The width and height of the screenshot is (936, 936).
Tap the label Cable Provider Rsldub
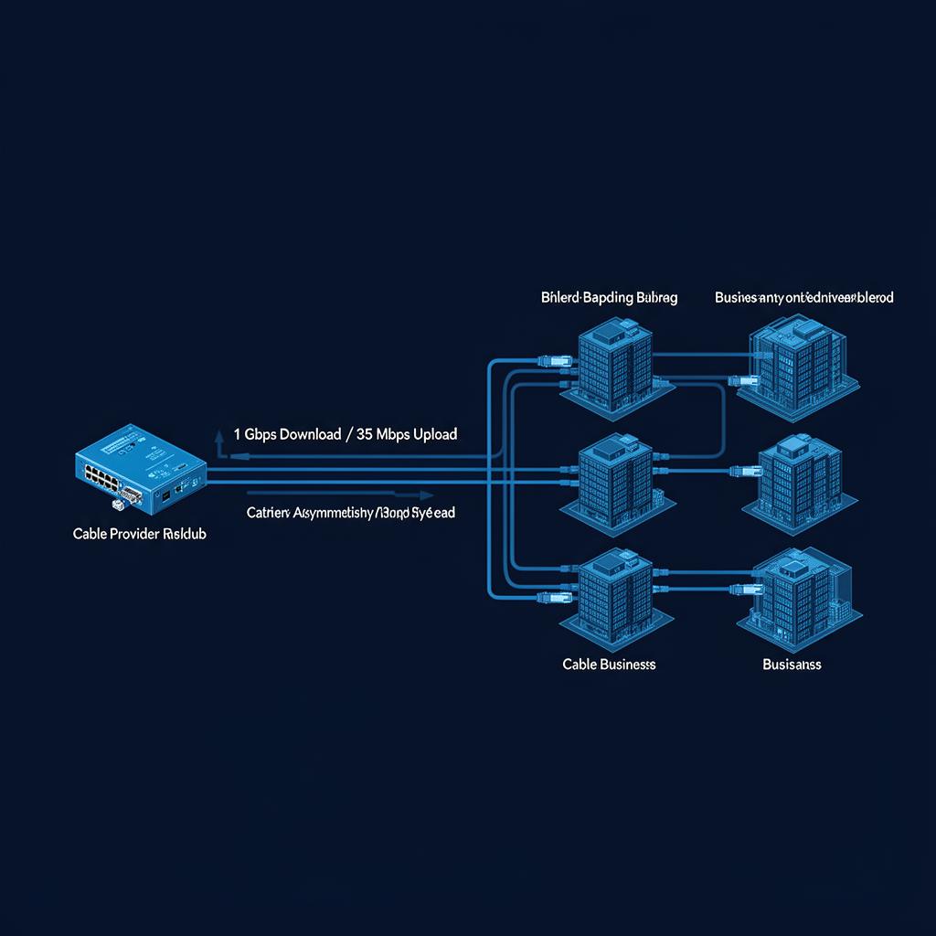(x=139, y=533)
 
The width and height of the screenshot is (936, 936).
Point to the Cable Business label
(x=609, y=665)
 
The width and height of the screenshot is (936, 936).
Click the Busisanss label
(x=792, y=665)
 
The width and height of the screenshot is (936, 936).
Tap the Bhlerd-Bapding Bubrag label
(x=609, y=298)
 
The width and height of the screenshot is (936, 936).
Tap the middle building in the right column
(x=800, y=479)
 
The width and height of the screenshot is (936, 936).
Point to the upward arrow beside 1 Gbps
(x=219, y=441)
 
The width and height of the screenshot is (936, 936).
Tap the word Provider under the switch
(x=133, y=533)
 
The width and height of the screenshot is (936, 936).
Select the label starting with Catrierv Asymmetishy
(x=351, y=513)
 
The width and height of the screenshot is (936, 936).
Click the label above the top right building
(x=804, y=298)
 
